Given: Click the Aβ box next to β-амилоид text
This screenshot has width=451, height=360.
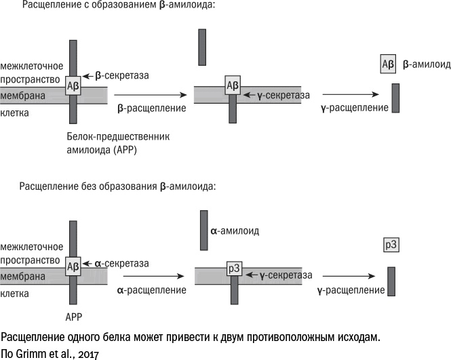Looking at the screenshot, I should (x=388, y=65).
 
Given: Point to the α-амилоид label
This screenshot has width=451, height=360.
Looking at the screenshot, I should (x=235, y=231).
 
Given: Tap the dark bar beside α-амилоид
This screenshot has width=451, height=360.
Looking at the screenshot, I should (x=203, y=231).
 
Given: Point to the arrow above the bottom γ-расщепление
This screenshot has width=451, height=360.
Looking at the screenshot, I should (x=347, y=277).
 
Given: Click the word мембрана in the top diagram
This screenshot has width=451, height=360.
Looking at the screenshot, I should (x=23, y=96).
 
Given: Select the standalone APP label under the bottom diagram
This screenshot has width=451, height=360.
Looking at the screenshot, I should (x=73, y=316).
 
